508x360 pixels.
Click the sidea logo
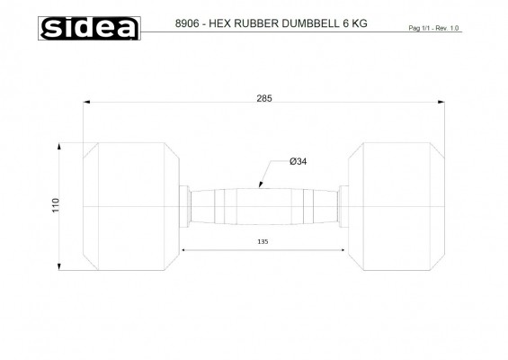coord(89,28)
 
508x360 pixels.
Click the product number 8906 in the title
coord(187,23)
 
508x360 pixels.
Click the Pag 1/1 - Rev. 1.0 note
coord(433,28)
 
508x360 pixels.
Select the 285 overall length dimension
coord(264,98)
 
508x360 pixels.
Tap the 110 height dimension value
coord(56,205)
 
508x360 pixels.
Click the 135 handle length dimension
coord(263,241)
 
